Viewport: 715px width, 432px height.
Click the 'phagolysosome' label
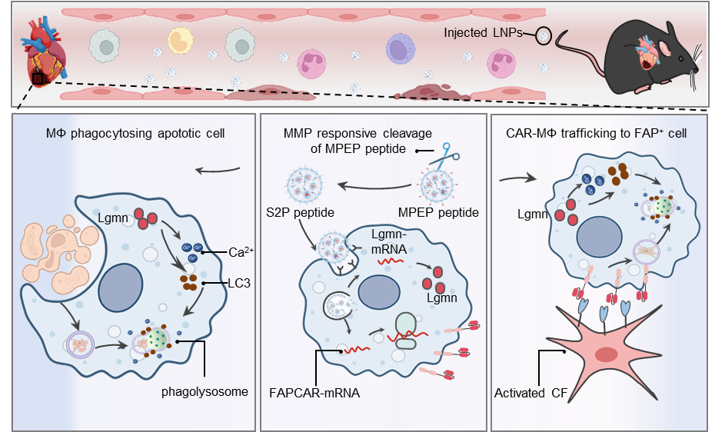click(205, 392)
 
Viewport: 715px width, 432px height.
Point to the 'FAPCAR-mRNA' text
click(314, 393)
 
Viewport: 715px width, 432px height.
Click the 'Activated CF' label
click(530, 393)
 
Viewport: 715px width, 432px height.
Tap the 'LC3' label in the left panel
click(239, 284)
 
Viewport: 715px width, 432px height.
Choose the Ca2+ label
click(241, 251)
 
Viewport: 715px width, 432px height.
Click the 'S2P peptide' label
click(300, 212)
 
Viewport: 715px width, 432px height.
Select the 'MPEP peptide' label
click(438, 212)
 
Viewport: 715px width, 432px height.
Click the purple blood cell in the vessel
click(401, 49)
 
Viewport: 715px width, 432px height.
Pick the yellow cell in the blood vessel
click(181, 40)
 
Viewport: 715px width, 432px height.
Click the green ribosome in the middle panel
click(406, 331)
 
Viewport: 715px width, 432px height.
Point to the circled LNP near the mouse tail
click(543, 35)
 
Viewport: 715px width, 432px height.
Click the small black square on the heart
click(38, 79)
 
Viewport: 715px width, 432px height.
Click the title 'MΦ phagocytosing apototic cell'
click(135, 134)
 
